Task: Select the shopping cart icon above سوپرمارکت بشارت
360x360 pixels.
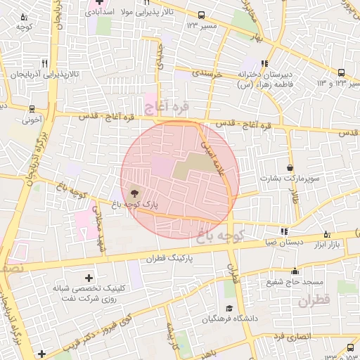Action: tap(290, 167)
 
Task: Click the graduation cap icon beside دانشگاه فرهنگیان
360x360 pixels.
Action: tap(229, 309)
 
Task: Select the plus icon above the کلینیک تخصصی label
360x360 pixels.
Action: tap(88, 278)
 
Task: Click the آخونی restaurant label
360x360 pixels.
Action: tap(31, 120)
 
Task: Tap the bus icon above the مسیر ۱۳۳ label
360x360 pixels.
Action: tap(202, 15)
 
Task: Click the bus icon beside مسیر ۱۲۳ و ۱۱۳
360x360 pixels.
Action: tap(342, 72)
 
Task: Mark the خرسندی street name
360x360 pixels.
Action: tap(207, 73)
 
